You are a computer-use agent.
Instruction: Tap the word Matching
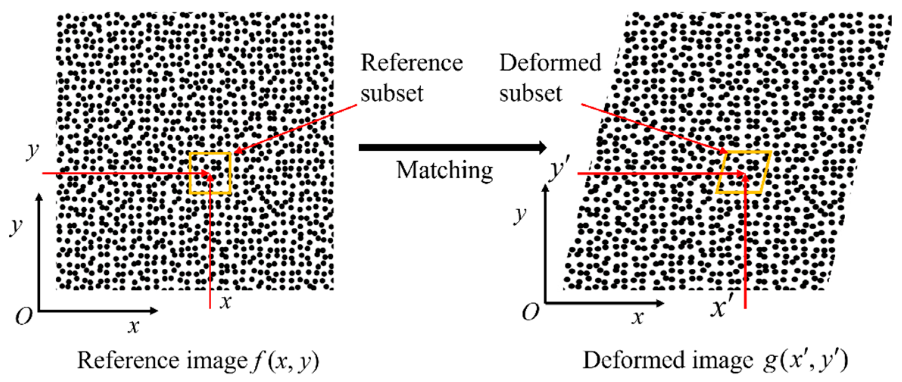445,170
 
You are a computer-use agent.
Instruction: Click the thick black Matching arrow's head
542,147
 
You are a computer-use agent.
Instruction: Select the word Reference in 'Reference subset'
412,63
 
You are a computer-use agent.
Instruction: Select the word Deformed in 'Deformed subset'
550,63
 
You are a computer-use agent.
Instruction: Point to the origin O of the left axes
24,316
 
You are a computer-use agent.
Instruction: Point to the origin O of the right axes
530,312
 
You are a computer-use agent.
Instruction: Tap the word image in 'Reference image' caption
217,360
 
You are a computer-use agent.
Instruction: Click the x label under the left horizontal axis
133,326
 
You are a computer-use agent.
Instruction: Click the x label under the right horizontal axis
638,318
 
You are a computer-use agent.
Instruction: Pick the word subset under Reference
392,94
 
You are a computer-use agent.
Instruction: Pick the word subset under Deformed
531,94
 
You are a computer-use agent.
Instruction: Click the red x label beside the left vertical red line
226,302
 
